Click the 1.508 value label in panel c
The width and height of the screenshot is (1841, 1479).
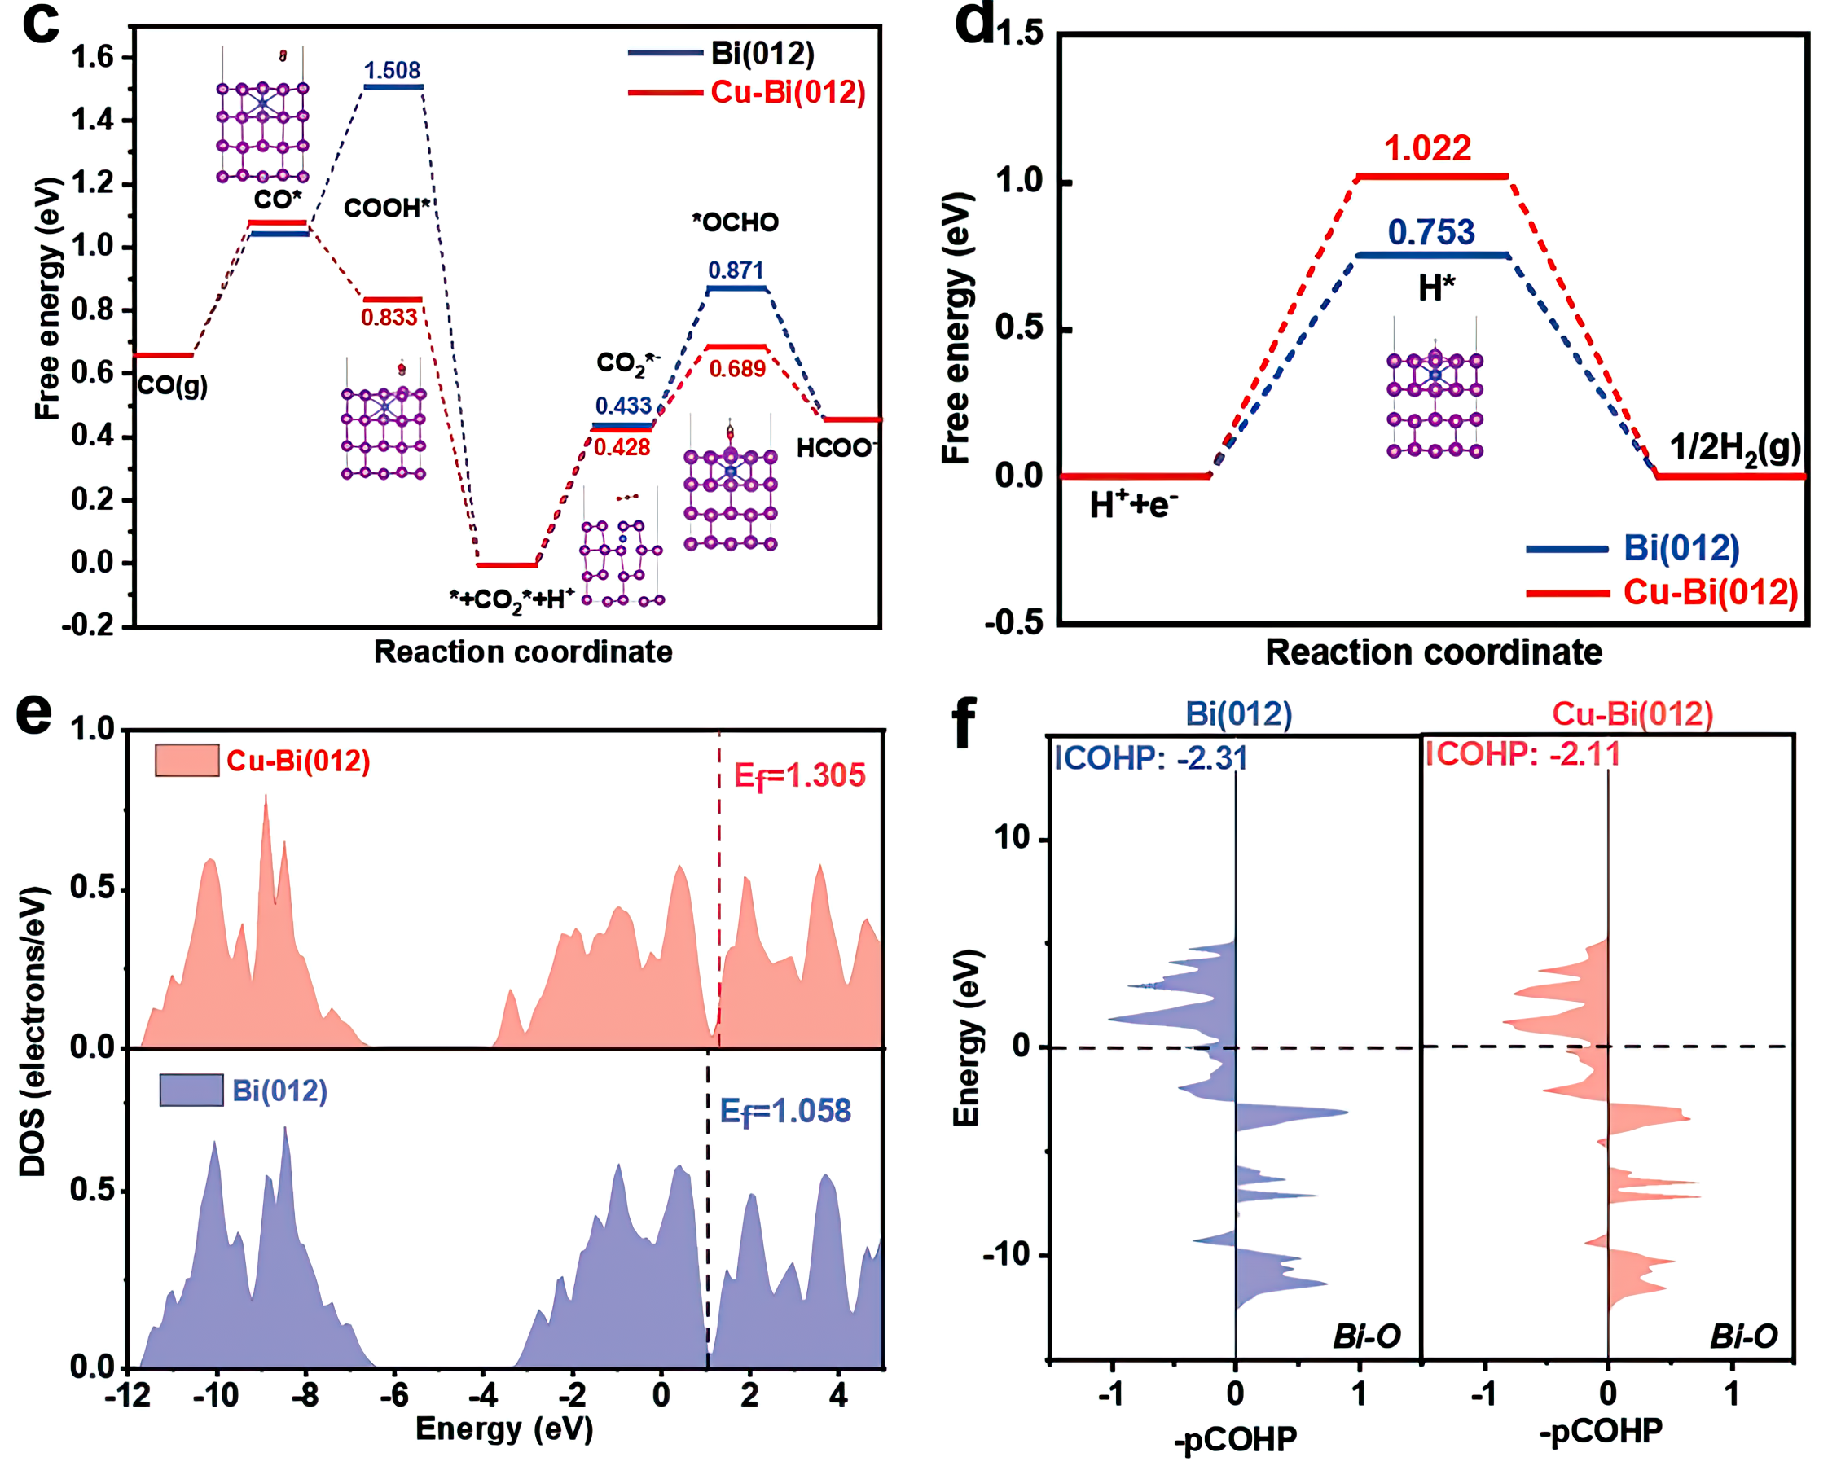(x=392, y=70)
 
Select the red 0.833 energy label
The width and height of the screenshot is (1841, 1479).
(x=389, y=318)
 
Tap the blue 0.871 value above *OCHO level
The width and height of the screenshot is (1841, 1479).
(x=736, y=270)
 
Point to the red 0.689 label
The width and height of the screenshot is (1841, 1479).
(x=737, y=369)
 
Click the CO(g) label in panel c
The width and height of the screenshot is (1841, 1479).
(x=173, y=386)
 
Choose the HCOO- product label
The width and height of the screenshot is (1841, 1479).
(x=836, y=447)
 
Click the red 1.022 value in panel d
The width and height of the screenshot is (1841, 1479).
(x=1428, y=148)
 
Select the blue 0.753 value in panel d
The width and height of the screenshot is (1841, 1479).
(x=1431, y=232)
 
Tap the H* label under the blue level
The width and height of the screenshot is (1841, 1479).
(x=1436, y=288)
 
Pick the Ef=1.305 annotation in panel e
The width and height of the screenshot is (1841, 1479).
(x=799, y=775)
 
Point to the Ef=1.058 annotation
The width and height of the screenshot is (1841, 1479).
(x=784, y=1111)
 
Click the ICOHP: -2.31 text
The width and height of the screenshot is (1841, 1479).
(x=1150, y=757)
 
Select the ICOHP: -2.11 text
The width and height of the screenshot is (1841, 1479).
(x=1522, y=754)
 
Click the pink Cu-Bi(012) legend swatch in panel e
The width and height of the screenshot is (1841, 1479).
(x=187, y=760)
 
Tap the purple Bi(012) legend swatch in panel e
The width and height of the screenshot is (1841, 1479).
(x=191, y=1091)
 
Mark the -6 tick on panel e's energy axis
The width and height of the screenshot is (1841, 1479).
(x=394, y=1395)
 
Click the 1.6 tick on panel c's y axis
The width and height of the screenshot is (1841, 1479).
(x=92, y=57)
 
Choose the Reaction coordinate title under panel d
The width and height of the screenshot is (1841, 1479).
(x=1433, y=652)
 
